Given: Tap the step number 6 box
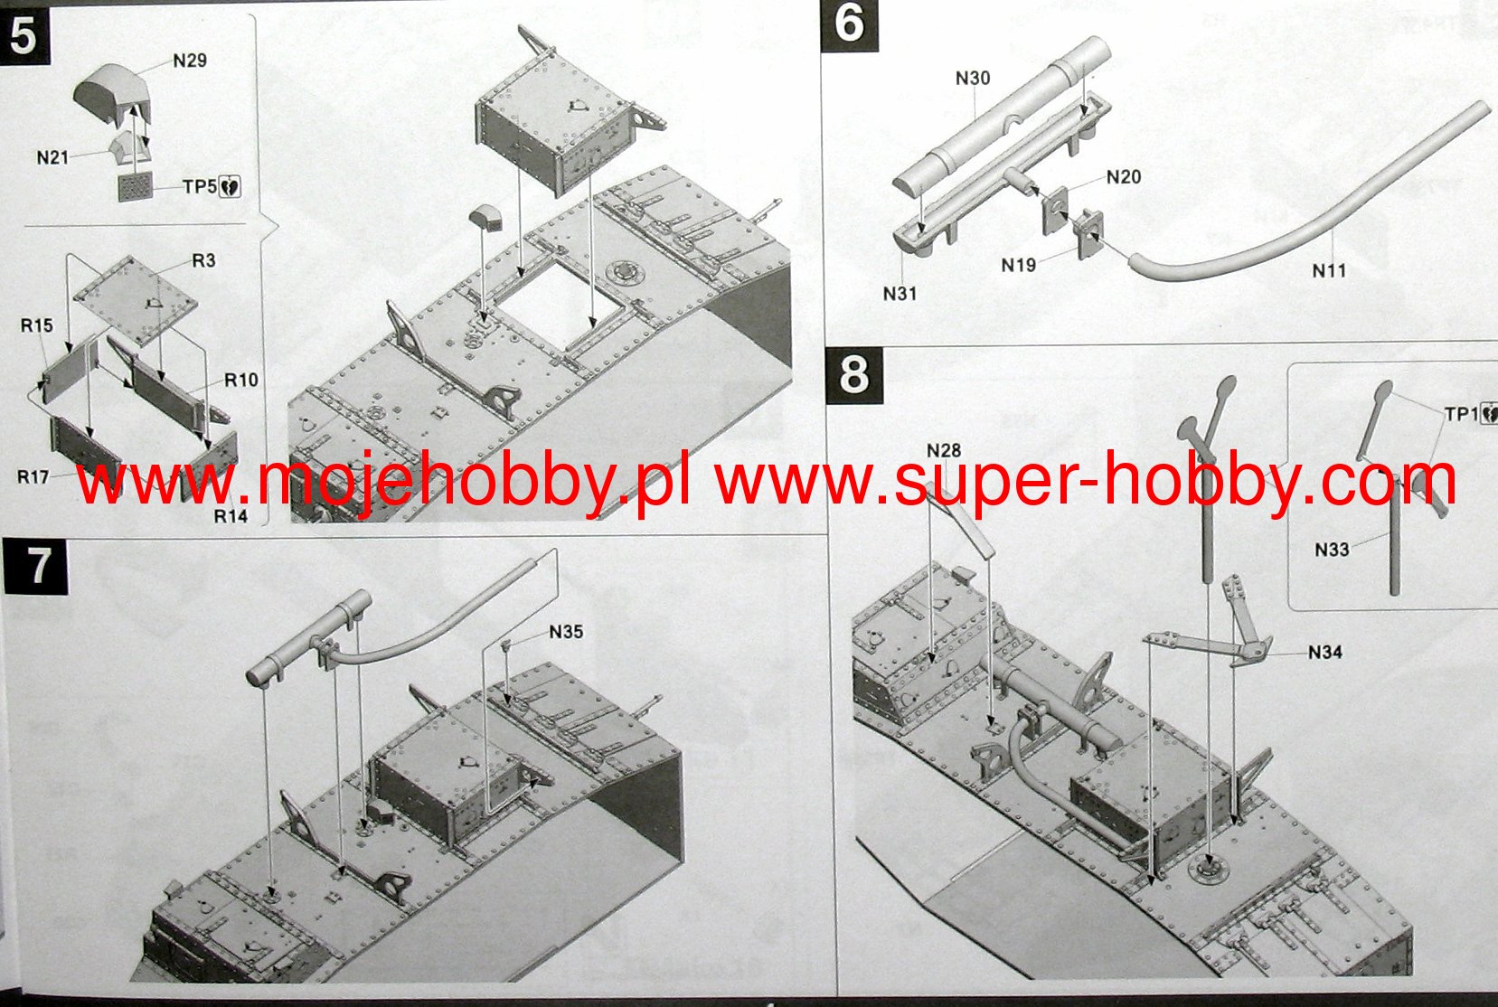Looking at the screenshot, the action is [x=849, y=24].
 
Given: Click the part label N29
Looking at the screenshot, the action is [x=190, y=61].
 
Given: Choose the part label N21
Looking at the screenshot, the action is [x=52, y=157].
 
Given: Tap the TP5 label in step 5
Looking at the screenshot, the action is [x=200, y=186].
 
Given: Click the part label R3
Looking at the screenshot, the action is [x=203, y=260].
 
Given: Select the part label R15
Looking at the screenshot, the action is [x=37, y=325].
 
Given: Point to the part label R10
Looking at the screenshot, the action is [x=241, y=380].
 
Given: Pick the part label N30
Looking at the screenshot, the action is [x=973, y=79].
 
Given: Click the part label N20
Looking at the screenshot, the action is [x=1124, y=177].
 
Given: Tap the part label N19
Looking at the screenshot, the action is [x=1019, y=265].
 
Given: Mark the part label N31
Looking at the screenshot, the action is [x=900, y=293].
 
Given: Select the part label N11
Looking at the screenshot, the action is [x=1329, y=269].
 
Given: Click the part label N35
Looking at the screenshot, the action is [x=566, y=632].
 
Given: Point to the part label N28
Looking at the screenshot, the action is [x=944, y=450].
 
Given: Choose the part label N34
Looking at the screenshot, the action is [x=1324, y=652].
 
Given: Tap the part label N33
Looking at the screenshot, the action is [x=1332, y=549].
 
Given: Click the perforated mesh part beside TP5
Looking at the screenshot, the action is [x=137, y=188].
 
